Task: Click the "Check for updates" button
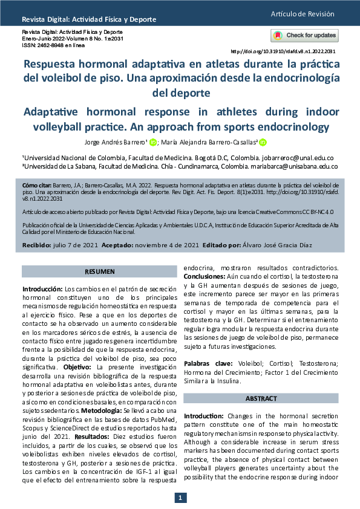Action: click(304, 35)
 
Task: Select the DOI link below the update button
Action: click(284, 51)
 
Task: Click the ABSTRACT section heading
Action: click(260, 398)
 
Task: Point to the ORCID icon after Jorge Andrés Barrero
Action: click(152, 143)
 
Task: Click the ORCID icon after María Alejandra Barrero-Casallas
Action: click(262, 143)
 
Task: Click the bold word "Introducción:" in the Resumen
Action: click(42, 290)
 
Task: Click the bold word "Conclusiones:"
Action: click(205, 276)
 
